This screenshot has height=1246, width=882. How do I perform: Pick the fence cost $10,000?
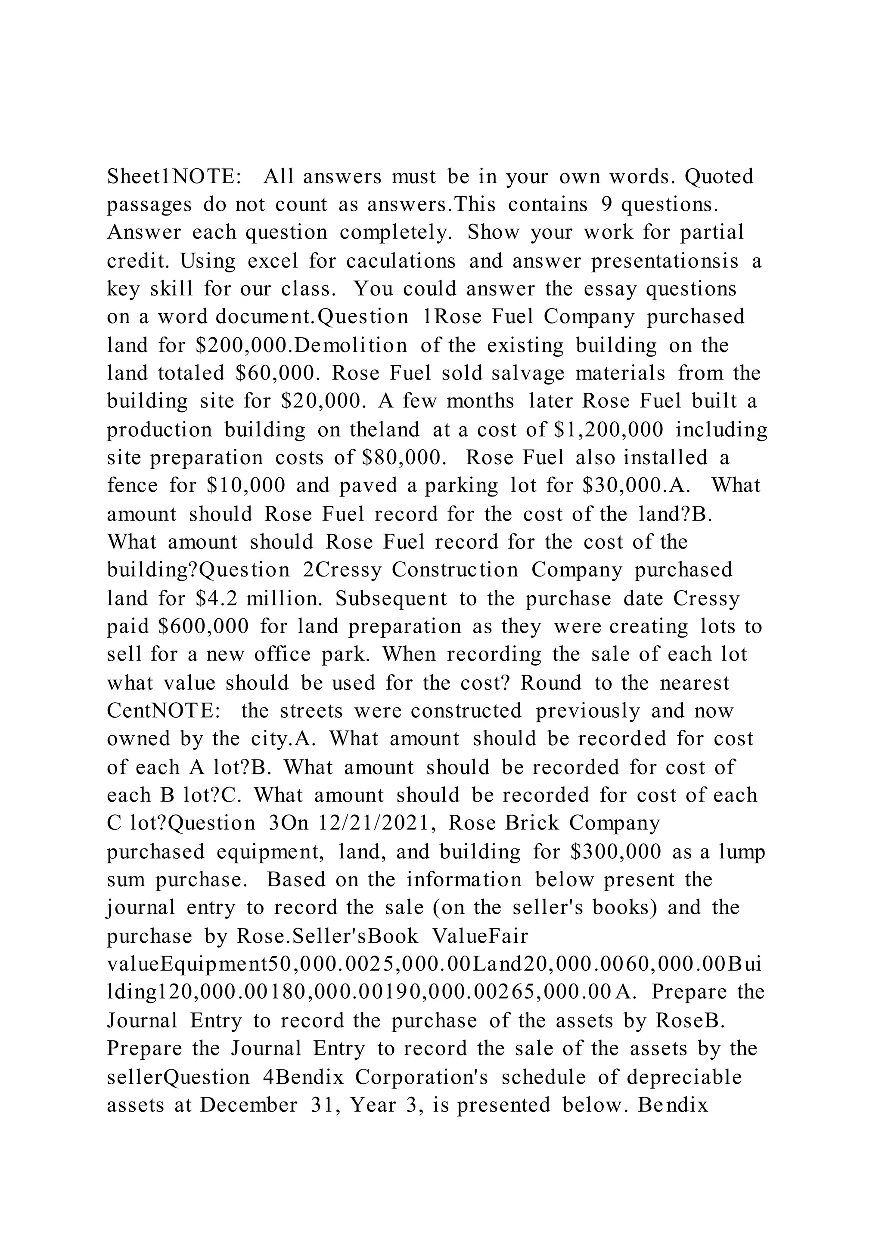coord(246,486)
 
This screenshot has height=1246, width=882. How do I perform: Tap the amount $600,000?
coord(202,627)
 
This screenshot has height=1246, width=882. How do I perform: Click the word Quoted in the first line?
coord(719,177)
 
